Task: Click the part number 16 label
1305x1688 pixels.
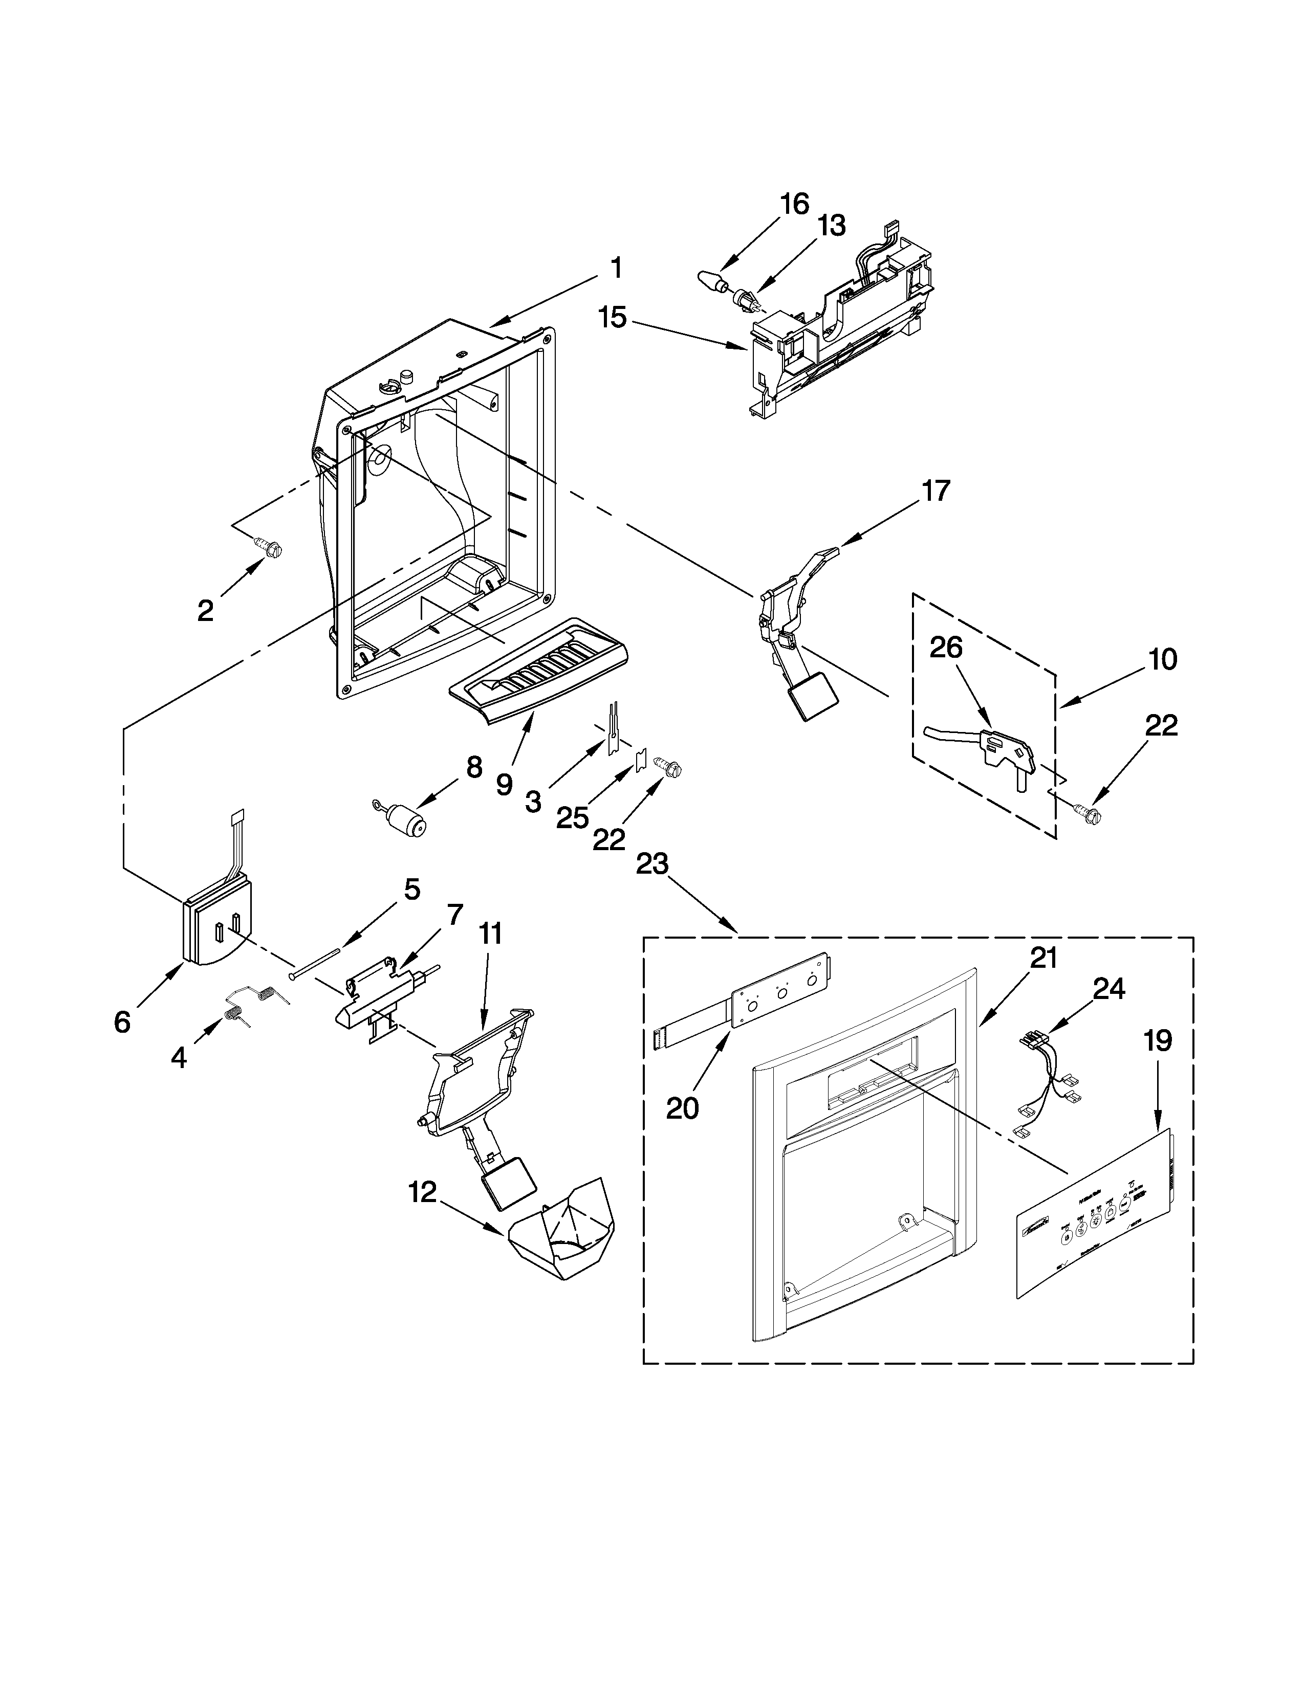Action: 794,204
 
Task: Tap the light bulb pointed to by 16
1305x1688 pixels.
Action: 710,280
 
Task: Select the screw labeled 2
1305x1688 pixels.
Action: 271,548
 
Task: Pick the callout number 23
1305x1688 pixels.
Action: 651,863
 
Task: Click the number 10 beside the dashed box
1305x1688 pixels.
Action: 1162,658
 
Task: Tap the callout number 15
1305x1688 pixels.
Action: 613,316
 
